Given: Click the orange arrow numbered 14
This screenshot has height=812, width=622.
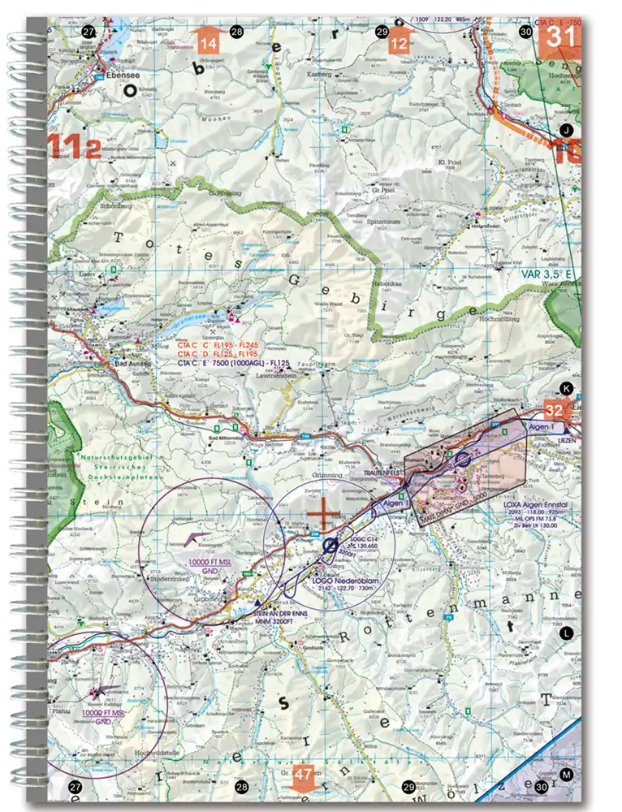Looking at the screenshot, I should [209, 40].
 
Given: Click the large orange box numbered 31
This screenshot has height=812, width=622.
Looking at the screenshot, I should [563, 37].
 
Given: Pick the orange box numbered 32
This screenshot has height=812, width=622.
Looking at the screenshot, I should [556, 410].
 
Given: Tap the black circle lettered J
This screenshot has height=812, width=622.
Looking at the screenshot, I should [567, 130].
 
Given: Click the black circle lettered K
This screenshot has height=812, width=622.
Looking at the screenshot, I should [567, 388].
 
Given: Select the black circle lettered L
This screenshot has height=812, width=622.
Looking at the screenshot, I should [567, 631].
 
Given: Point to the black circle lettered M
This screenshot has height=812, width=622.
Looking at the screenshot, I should [567, 775].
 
